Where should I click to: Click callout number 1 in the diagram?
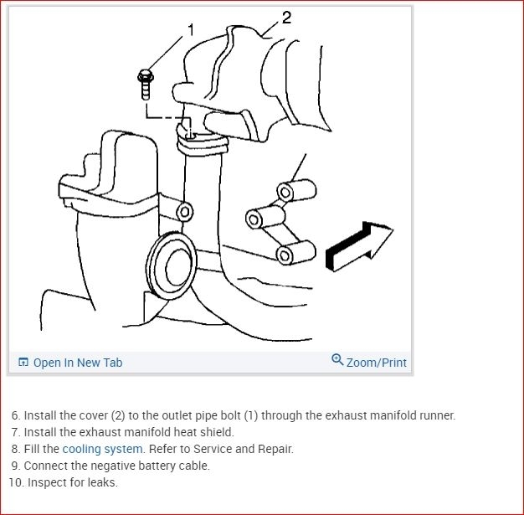[191, 30]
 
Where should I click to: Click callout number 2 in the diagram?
[287, 18]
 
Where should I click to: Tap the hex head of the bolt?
[146, 76]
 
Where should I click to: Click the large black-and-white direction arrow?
[359, 246]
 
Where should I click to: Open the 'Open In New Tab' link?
[78, 363]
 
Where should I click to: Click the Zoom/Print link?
[377, 363]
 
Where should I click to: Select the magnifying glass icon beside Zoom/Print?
[337, 360]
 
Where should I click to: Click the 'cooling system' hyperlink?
[103, 449]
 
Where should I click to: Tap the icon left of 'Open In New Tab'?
[23, 362]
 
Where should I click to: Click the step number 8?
[16, 449]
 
